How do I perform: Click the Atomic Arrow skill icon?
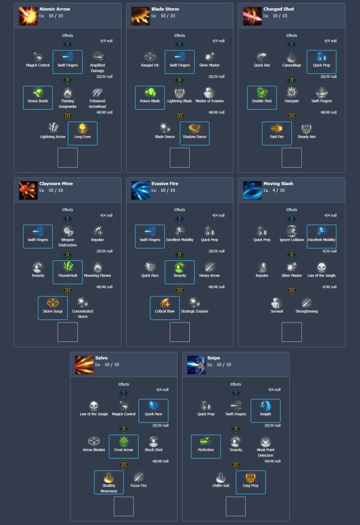click(28, 16)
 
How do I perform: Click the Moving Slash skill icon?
click(252, 190)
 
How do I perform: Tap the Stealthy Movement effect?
click(109, 481)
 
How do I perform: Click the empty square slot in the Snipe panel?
click(236, 506)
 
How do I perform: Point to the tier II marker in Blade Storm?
click(179, 80)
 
